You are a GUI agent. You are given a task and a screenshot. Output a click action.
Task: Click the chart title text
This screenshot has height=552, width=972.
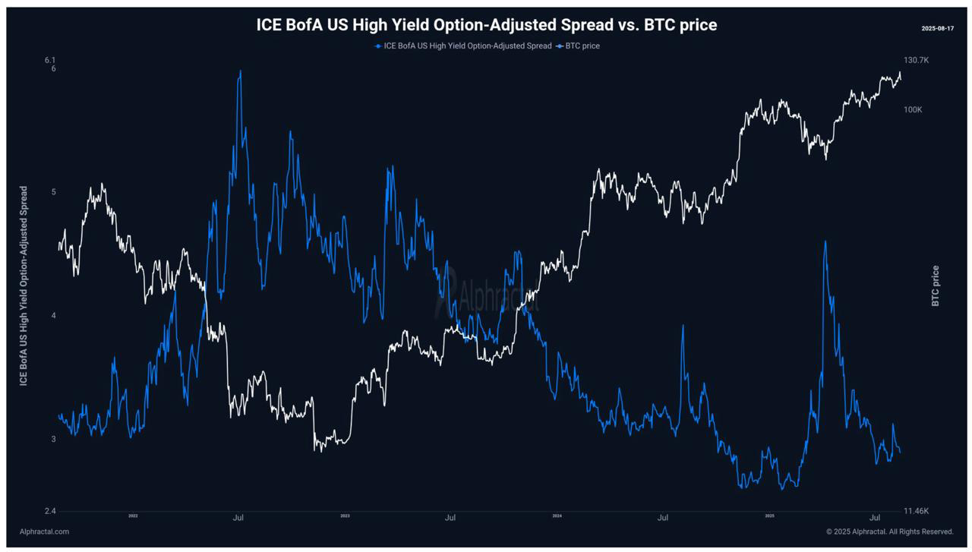click(x=486, y=25)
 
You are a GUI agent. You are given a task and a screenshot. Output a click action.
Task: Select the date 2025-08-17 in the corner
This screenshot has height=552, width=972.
click(x=936, y=28)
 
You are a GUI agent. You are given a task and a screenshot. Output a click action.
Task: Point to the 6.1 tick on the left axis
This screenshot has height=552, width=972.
click(x=50, y=60)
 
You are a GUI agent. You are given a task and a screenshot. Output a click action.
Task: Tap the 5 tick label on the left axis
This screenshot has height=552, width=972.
click(x=53, y=192)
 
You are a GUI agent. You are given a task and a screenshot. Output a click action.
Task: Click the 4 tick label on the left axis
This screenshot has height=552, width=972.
click(x=53, y=316)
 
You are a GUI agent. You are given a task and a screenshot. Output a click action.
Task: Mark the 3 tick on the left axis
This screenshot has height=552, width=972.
click(x=53, y=440)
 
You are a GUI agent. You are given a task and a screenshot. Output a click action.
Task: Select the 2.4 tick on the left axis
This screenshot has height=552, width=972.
click(x=50, y=511)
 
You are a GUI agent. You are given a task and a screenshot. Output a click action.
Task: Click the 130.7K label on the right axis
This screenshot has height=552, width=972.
click(x=916, y=60)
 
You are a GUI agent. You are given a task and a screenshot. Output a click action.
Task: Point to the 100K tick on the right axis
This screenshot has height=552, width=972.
click(x=913, y=110)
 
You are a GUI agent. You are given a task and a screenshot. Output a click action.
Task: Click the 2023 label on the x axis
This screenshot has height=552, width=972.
click(x=345, y=516)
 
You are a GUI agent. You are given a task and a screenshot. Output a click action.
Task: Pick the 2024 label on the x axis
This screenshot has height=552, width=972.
click(x=557, y=516)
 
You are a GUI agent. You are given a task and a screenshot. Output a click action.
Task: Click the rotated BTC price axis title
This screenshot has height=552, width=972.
click(x=936, y=285)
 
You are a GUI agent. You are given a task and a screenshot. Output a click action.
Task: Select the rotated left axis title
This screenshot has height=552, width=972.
click(x=24, y=285)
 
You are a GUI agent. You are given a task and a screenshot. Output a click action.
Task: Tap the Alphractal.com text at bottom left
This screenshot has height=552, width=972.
click(x=44, y=531)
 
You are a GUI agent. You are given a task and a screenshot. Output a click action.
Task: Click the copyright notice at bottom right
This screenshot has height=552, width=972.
click(x=889, y=531)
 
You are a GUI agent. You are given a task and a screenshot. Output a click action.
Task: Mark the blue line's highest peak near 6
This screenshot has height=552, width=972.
click(x=241, y=71)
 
